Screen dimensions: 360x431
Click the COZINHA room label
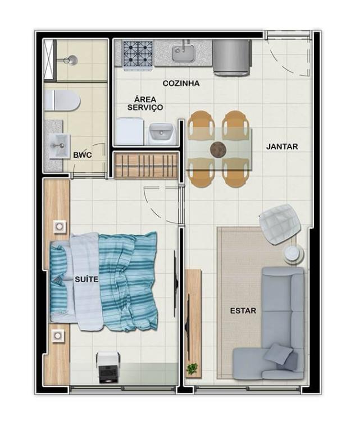(181, 83)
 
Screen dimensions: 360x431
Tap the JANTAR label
(282, 146)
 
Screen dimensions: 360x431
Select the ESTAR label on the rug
(243, 310)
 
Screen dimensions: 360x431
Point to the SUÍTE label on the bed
(86, 279)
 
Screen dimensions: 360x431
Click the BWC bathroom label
(82, 155)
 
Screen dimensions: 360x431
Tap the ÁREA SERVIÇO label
(145, 103)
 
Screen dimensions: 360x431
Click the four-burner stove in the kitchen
(138, 54)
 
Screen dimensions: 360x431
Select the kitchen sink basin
(184, 53)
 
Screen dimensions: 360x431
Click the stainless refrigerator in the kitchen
(232, 57)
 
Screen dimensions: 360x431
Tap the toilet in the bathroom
(62, 100)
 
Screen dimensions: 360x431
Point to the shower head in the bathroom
(71, 60)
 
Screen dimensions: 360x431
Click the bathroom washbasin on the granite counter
(59, 146)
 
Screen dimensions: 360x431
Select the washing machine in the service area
(130, 131)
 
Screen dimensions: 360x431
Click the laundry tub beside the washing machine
(161, 134)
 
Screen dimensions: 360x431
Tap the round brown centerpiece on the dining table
(218, 150)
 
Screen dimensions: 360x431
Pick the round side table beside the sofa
(293, 254)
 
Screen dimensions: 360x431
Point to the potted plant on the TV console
(192, 368)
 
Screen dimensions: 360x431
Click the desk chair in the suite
(108, 367)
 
